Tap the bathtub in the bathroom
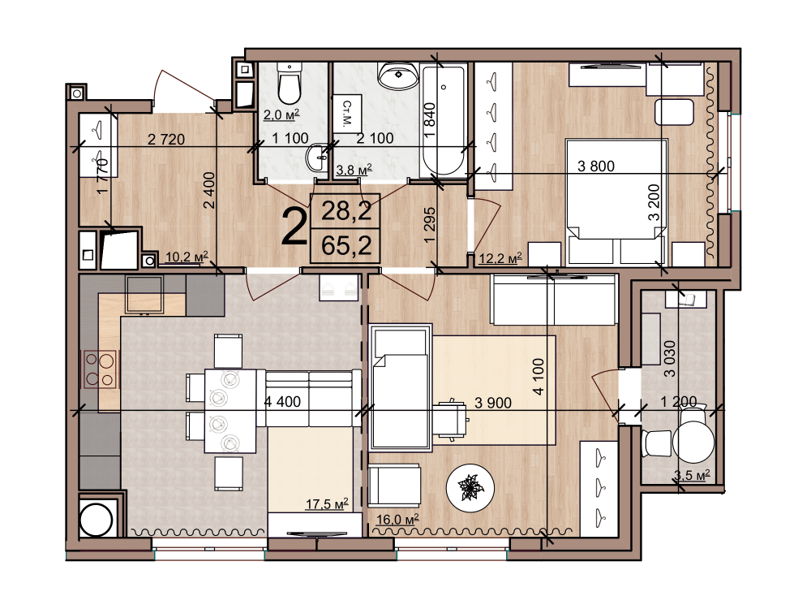coord(444,121)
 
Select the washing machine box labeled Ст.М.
coord(346,114)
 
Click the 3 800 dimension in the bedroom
coord(596,166)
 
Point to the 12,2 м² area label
coord(500,257)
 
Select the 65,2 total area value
coord(346,245)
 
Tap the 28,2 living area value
coord(346,211)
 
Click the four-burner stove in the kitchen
coord(100,369)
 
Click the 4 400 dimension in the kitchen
coord(282,402)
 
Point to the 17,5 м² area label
coord(326,503)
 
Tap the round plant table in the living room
coord(470,487)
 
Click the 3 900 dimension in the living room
coord(493,403)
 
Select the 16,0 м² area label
coord(397,519)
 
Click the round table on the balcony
coord(693,442)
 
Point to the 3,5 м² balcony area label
coord(692,474)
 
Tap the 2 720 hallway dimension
coord(166,140)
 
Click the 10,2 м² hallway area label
coord(187,257)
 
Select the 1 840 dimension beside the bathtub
coord(430,120)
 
